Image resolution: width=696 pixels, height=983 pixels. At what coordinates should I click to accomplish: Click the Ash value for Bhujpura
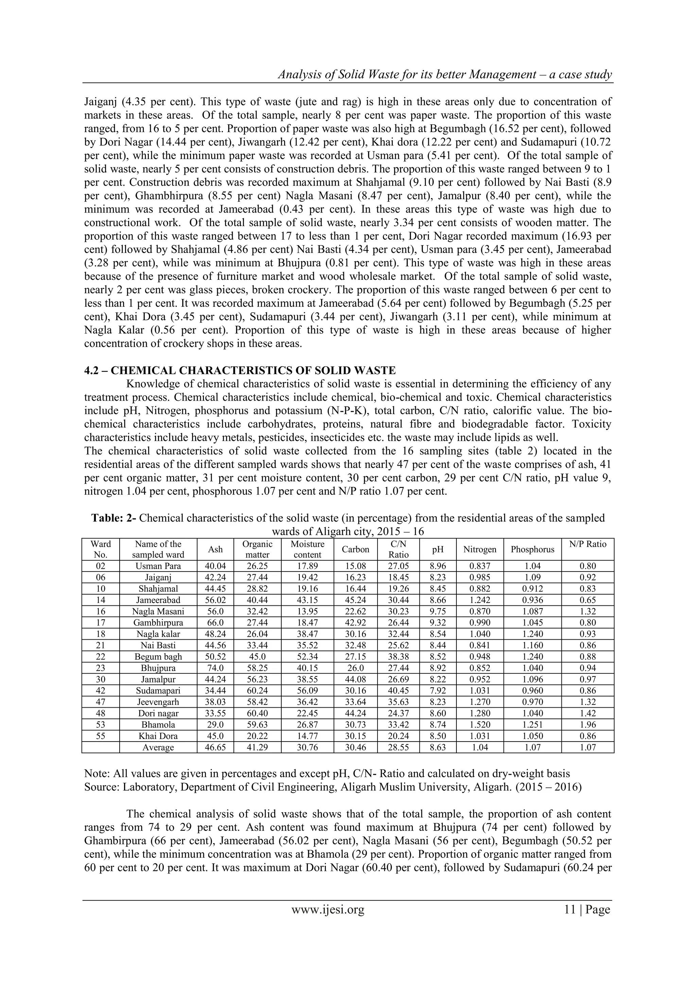[x=215, y=668]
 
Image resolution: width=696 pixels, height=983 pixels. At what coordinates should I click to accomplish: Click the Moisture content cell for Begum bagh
[x=307, y=657]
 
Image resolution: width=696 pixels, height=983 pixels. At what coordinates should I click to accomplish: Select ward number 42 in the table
[x=100, y=691]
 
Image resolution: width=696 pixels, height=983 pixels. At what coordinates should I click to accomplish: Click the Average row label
[x=158, y=748]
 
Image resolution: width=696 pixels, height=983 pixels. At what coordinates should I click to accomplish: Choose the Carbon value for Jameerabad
[x=355, y=600]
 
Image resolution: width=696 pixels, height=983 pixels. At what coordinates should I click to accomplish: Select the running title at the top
[x=445, y=75]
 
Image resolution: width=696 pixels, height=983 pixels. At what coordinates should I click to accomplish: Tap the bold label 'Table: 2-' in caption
[x=114, y=518]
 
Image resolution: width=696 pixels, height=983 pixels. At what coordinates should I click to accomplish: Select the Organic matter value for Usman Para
[x=257, y=566]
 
